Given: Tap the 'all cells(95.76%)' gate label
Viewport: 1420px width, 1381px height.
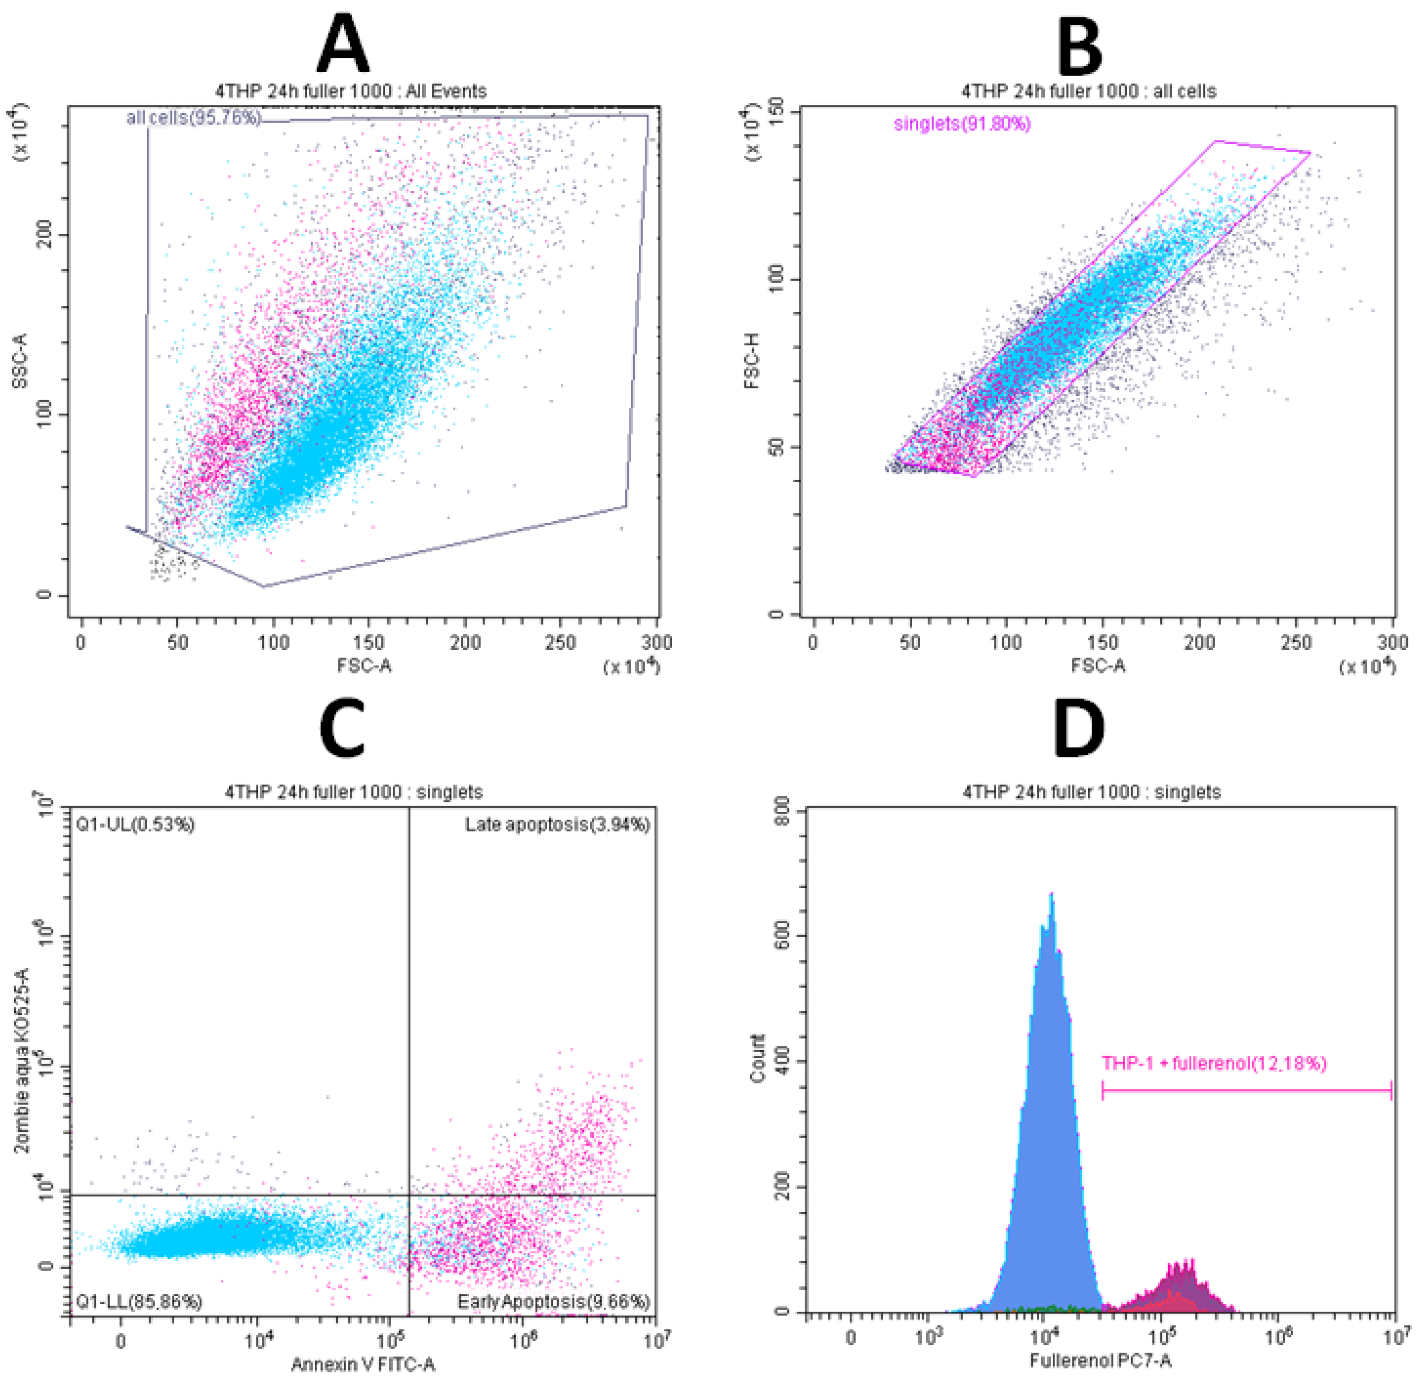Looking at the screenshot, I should coord(193,117).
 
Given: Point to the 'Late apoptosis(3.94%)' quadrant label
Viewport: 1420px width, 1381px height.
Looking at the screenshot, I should coord(557,825).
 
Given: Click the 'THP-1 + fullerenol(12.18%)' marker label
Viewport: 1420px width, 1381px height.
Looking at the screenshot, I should coord(1214,1063).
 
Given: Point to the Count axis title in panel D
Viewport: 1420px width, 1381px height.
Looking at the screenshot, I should coord(759,1059).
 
